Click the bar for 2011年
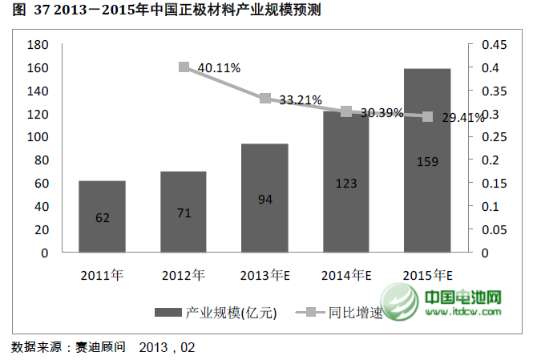(102, 216)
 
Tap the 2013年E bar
(264, 198)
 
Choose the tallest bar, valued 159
(427, 160)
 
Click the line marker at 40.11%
(184, 67)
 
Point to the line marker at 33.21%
(265, 98)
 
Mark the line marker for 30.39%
(346, 111)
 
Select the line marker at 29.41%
(428, 116)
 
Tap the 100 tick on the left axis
(38, 137)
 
